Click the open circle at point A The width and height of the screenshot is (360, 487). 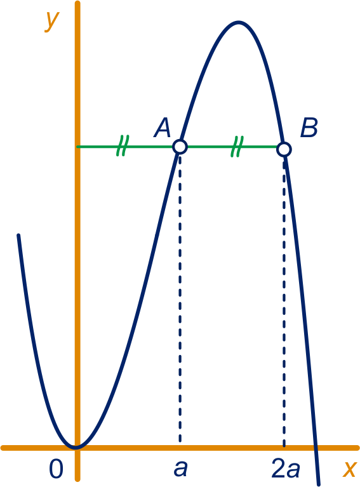click(180, 147)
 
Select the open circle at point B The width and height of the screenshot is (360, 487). click(284, 149)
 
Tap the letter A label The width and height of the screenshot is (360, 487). click(162, 128)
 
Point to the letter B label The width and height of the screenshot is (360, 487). click(309, 128)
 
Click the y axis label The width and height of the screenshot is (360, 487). click(51, 21)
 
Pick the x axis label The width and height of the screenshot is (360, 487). click(349, 469)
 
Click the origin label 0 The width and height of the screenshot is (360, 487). click(57, 469)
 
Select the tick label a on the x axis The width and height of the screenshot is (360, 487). click(180, 469)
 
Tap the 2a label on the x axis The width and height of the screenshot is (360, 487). click(286, 469)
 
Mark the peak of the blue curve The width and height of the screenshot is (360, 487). click(238, 22)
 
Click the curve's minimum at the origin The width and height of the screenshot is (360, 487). click(76, 447)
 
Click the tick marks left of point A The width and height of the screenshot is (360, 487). click(123, 145)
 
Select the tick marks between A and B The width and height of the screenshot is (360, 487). click(237, 146)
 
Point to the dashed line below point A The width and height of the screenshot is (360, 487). click(180, 298)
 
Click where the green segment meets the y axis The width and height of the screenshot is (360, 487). click(77, 147)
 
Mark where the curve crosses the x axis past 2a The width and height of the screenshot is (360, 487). click(316, 448)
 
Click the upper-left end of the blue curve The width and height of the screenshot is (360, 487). click(18, 235)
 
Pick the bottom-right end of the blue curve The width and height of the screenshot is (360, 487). click(318, 484)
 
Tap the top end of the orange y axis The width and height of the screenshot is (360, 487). click(77, 3)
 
